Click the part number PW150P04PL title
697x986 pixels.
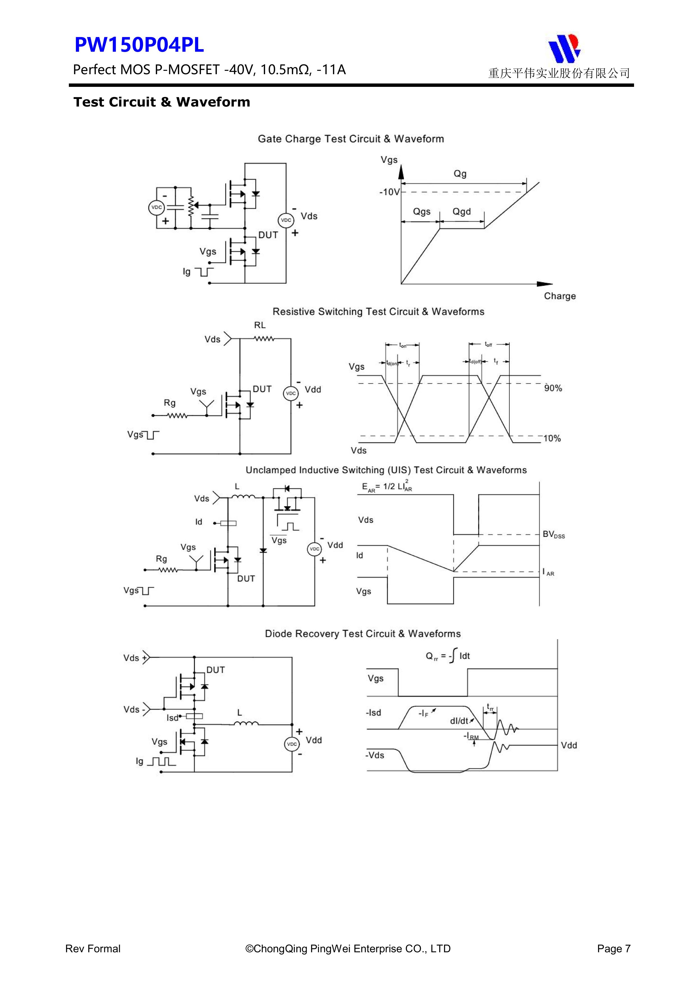139,45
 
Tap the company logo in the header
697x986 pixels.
564,48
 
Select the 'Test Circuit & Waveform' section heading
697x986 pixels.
162,102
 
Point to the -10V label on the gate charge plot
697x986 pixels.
389,192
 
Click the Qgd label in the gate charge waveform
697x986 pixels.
462,211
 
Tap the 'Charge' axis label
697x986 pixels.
560,296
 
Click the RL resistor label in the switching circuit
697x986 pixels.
260,325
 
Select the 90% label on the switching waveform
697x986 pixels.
553,388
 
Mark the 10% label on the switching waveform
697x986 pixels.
552,438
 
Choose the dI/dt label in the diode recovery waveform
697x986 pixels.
459,721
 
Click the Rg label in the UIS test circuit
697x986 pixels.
162,559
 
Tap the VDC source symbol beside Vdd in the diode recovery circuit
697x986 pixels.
292,744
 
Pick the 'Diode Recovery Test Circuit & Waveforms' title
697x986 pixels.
363,634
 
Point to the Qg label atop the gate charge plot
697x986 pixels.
460,174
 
